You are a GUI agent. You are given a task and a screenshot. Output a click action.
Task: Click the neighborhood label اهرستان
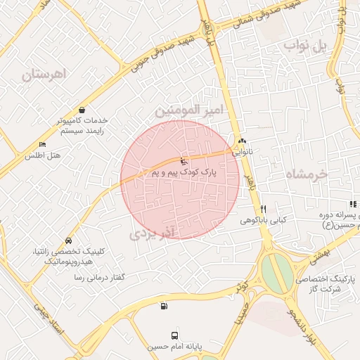click(x=43, y=74)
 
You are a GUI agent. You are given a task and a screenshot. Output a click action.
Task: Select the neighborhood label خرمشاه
click(x=308, y=173)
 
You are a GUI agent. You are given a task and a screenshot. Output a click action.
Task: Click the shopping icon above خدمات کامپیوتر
click(x=83, y=110)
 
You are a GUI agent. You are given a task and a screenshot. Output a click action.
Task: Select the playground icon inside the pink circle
click(x=184, y=161)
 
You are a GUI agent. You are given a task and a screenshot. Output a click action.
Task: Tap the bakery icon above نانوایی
click(x=243, y=140)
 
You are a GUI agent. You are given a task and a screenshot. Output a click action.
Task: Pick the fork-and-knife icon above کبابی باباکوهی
click(x=263, y=209)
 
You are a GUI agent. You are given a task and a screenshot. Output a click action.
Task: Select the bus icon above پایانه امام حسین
click(x=174, y=336)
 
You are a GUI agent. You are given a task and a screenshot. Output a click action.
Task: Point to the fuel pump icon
click(x=164, y=305)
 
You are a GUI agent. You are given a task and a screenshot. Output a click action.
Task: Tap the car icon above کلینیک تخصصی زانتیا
click(x=67, y=240)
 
